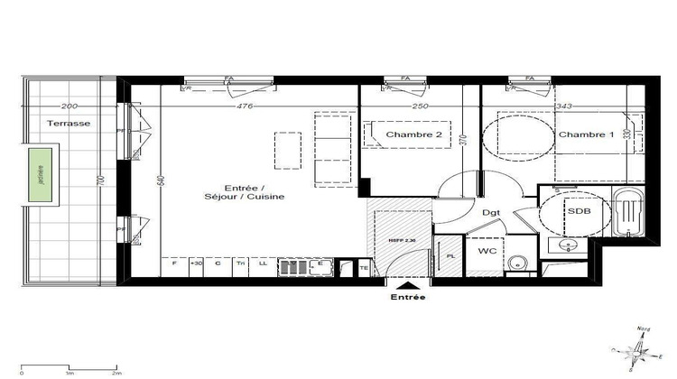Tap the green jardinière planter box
(x=41, y=176)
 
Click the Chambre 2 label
(x=413, y=135)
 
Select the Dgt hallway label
(x=491, y=213)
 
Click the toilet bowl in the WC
(x=515, y=263)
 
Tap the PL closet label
(x=450, y=255)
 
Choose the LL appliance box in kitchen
(x=263, y=263)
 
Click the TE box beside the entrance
(x=364, y=268)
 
